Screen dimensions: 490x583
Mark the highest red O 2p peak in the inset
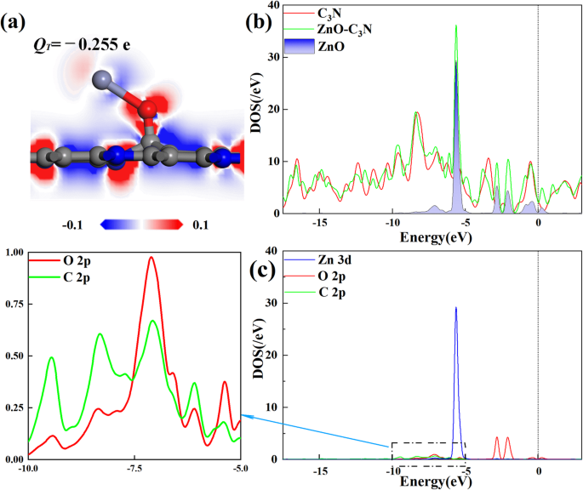click(x=151, y=259)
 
